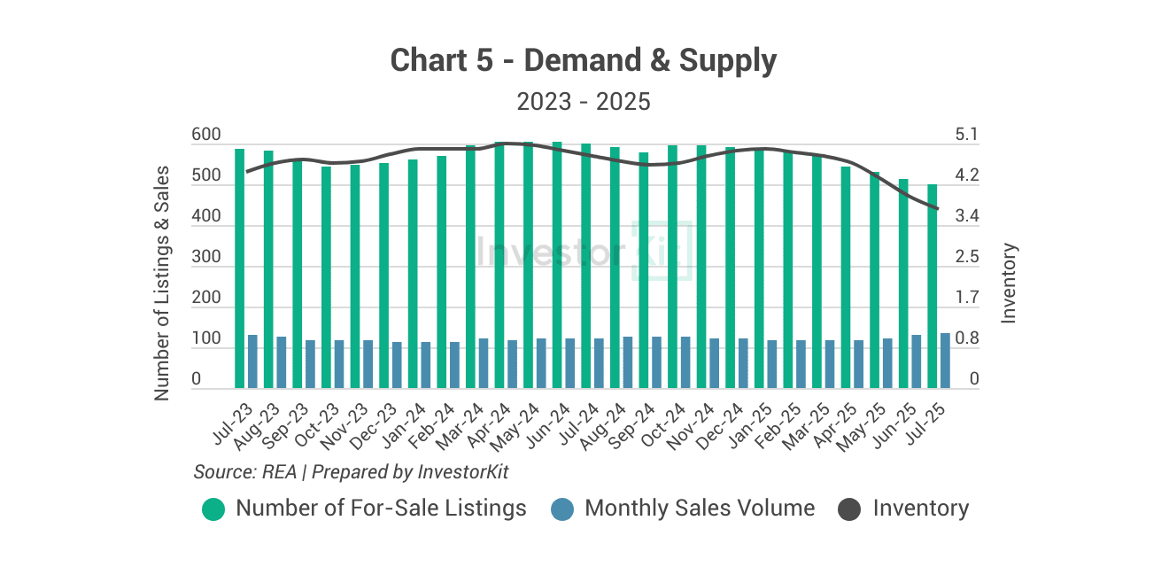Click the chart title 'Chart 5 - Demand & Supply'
click(x=584, y=61)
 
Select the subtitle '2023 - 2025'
click(x=584, y=102)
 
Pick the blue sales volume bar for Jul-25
click(x=945, y=361)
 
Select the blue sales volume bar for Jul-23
click(x=252, y=361)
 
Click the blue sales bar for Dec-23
click(x=397, y=365)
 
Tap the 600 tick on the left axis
click(x=205, y=136)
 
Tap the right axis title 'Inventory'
click(x=1009, y=283)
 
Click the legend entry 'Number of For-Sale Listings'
click(x=381, y=509)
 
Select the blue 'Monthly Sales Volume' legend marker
click(x=562, y=509)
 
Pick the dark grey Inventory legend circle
click(x=849, y=509)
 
